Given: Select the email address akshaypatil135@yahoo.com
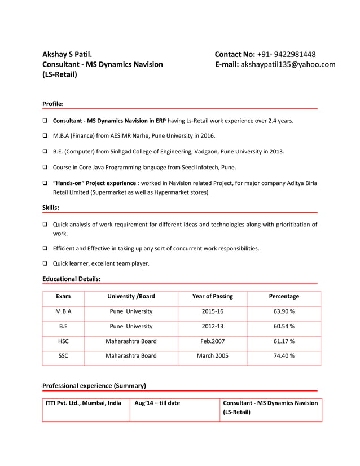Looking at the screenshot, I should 288,64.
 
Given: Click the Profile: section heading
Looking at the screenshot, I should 53,104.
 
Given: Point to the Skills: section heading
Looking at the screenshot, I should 51,208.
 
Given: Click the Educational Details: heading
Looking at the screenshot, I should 72,279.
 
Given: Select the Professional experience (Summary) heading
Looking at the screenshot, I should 94,386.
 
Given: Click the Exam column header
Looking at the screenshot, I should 63,296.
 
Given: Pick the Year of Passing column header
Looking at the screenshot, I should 212,296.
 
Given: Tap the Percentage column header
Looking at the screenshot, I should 284,296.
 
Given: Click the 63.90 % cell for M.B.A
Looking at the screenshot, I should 284,311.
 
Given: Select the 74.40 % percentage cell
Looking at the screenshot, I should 284,356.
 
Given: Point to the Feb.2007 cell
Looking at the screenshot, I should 212,341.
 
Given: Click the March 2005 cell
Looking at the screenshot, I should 212,356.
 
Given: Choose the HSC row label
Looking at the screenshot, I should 63,341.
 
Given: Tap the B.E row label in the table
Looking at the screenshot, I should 63,326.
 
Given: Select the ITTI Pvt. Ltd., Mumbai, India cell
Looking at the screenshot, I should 84,403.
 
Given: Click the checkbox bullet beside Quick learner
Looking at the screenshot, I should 45,263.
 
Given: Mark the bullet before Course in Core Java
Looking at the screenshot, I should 45,168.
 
